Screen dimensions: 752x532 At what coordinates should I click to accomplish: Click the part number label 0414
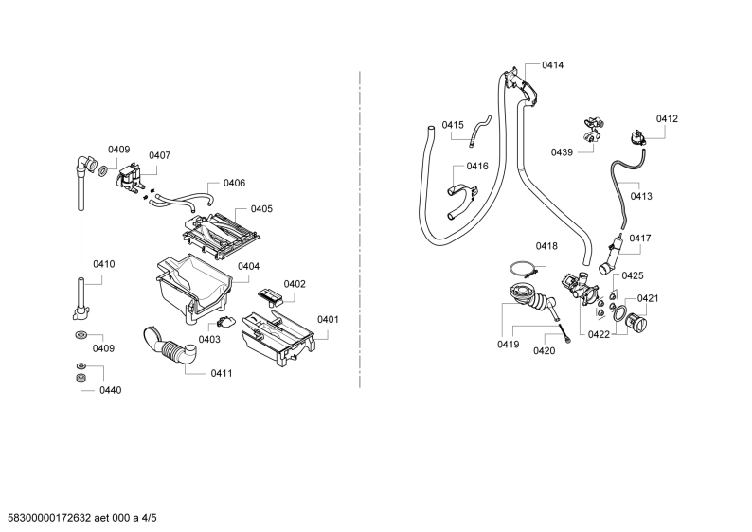552,65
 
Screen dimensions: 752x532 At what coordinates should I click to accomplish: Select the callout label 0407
159,155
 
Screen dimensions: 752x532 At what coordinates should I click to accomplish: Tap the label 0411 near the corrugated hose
222,373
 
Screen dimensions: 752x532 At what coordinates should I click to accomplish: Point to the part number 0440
110,390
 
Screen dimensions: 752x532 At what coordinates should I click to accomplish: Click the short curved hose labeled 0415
480,129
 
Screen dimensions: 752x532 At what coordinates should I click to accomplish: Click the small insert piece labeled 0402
271,297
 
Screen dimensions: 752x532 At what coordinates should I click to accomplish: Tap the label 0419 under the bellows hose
508,345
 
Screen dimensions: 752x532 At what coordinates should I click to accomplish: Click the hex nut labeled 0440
81,378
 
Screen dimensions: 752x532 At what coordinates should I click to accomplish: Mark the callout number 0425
633,275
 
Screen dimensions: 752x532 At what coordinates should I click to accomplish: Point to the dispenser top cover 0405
221,234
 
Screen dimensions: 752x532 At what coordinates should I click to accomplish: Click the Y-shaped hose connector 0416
462,202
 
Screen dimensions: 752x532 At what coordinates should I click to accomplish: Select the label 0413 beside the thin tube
641,196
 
